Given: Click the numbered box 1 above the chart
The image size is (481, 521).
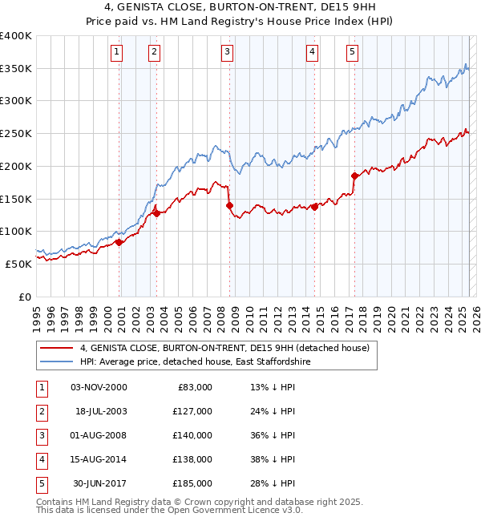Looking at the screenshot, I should (x=117, y=53).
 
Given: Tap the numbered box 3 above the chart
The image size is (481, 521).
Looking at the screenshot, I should (x=228, y=53).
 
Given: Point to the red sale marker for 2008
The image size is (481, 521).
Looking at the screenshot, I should (x=229, y=205).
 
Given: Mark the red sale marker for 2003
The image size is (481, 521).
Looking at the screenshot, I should (x=156, y=213).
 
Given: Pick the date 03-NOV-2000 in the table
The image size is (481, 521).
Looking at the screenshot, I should (x=99, y=387).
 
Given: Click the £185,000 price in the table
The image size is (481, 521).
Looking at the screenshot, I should (x=192, y=483).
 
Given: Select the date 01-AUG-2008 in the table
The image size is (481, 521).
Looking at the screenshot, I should (x=99, y=435).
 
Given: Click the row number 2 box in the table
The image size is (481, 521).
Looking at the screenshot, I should (x=40, y=411).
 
